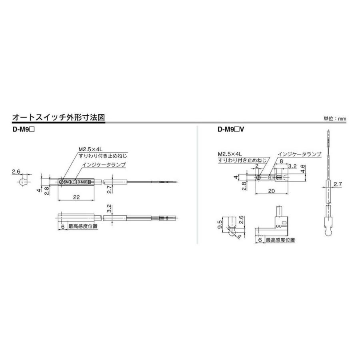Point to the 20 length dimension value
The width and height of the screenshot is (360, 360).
[272, 191]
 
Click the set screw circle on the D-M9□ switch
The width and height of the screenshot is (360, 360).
[61, 182]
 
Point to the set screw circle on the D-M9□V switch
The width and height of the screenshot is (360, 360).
[259, 177]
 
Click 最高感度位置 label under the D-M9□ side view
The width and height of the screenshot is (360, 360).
[83, 226]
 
